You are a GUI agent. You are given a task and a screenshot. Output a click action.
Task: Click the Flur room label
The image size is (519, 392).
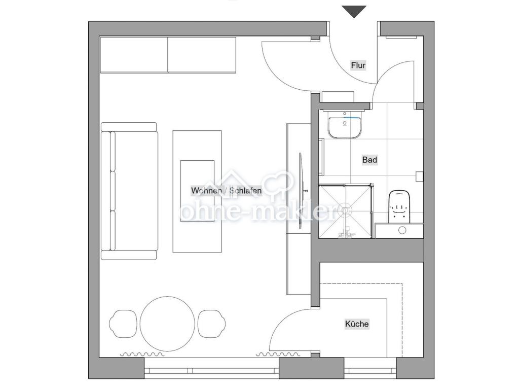(x=358, y=65)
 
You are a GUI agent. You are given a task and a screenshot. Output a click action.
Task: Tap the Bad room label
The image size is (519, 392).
(x=369, y=160)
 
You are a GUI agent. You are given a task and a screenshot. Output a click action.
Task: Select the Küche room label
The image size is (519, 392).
(x=357, y=324)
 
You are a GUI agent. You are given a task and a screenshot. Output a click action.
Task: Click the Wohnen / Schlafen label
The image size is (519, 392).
(x=227, y=191)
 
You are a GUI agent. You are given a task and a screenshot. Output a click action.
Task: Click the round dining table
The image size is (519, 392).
(x=167, y=324)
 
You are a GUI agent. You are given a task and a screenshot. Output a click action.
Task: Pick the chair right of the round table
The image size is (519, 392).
(x=212, y=324)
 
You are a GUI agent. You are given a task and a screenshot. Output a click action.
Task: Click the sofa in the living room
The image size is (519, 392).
(x=129, y=191)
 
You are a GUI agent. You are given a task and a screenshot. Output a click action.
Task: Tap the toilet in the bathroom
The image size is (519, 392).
(x=399, y=206)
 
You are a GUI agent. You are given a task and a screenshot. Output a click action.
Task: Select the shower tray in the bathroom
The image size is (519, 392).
(x=345, y=211)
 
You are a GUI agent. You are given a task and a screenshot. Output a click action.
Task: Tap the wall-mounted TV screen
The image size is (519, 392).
(x=301, y=191)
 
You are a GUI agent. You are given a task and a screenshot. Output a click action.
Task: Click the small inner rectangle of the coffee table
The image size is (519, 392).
(x=197, y=191)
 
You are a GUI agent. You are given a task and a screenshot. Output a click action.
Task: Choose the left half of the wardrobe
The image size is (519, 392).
(x=134, y=55)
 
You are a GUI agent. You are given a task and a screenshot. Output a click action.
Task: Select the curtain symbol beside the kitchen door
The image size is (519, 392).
(x=278, y=354)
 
